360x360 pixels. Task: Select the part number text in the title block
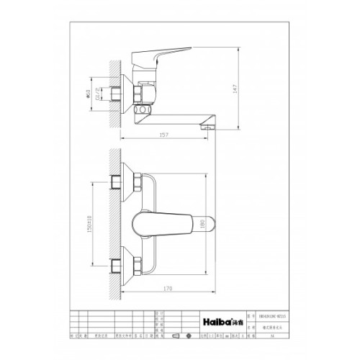273,315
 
